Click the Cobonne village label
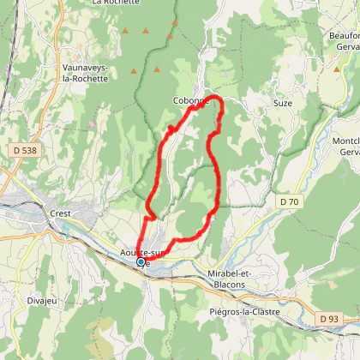pyautogui.click(x=190, y=101)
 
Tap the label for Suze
pyautogui.click(x=282, y=103)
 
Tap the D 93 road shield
pyautogui.click(x=329, y=319)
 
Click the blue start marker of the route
pyautogui.click(x=141, y=262)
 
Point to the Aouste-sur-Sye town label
pyautogui.click(x=141, y=255)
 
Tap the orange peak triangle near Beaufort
pyautogui.click(x=337, y=65)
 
